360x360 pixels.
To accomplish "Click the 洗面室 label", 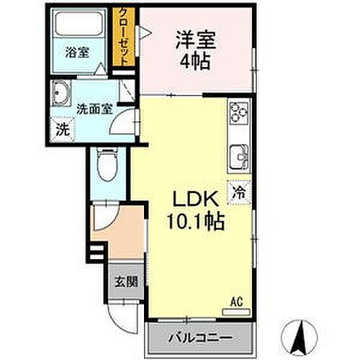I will [x=94, y=109].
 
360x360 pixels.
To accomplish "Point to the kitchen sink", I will [x=238, y=154].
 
